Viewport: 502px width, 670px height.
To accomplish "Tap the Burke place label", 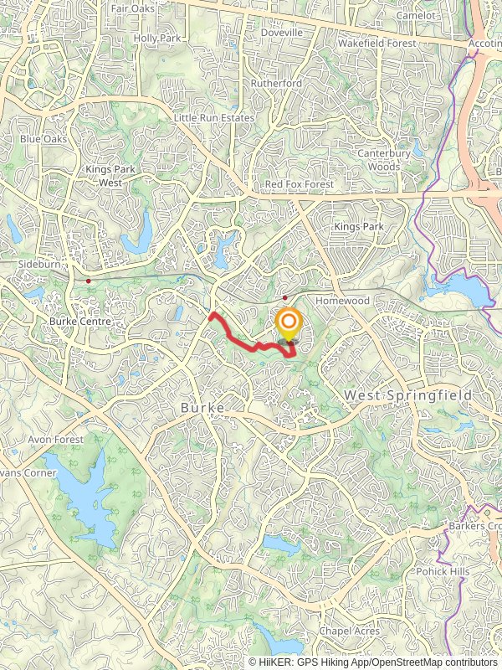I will pos(202,407).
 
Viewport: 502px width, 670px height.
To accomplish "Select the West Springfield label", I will pos(409,394).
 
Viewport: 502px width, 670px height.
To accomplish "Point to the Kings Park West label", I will pos(104,175).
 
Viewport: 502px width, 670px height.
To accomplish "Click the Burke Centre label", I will pos(80,321).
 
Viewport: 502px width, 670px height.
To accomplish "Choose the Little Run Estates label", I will pos(213,118).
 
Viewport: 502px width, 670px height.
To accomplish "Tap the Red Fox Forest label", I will pos(299,183).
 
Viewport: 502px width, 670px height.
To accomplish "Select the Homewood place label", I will pos(342,300).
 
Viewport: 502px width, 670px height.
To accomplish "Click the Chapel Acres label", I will pos(351,631).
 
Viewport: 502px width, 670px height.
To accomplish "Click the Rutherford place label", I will pos(277,84).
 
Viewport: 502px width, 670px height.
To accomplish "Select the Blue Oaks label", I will pos(43,138).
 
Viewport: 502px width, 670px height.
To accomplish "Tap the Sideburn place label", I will pos(40,263).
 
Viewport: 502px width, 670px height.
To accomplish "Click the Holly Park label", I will pos(157,38).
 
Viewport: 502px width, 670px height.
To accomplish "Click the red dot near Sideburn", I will pos(88,281).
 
